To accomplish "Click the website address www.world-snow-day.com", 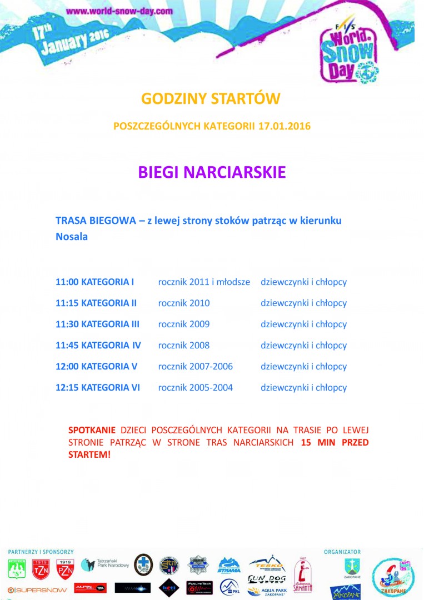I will tap(119, 11).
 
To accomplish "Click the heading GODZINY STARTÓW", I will tap(211, 99).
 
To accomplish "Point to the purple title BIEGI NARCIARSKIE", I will tap(212, 172).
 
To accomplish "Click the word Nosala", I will tap(72, 236).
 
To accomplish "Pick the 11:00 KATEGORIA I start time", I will tap(95, 282).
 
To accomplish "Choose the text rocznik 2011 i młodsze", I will tap(204, 282).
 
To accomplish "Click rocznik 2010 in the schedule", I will tap(184, 303).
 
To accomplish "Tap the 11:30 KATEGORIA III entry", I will tap(97, 324).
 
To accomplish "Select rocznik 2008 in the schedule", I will tap(184, 345).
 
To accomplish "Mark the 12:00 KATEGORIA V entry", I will tap(96, 366).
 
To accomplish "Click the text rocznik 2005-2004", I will tap(196, 387).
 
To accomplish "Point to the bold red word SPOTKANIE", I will tap(92, 430).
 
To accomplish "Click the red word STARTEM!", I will tap(89, 454).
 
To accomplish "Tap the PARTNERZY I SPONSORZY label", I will tap(41, 552).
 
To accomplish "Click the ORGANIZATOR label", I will tap(342, 552).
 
